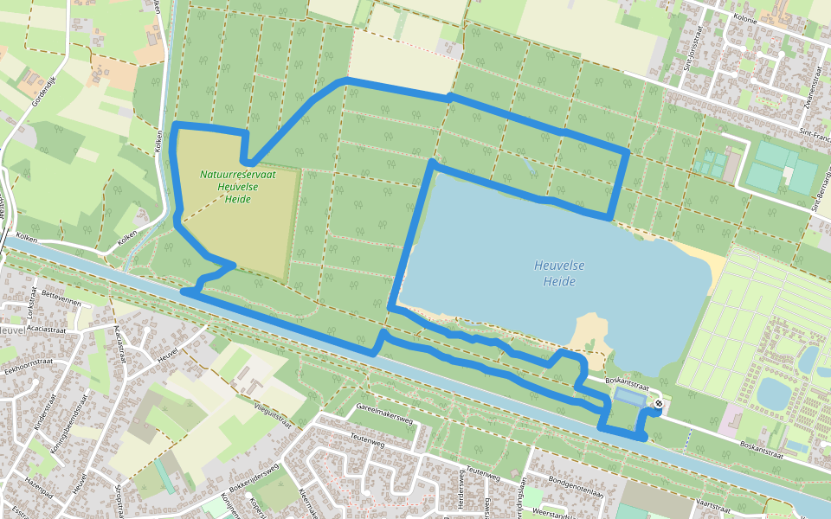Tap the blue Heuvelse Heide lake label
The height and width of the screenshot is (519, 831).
[555, 274]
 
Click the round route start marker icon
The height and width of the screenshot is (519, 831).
[659, 402]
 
